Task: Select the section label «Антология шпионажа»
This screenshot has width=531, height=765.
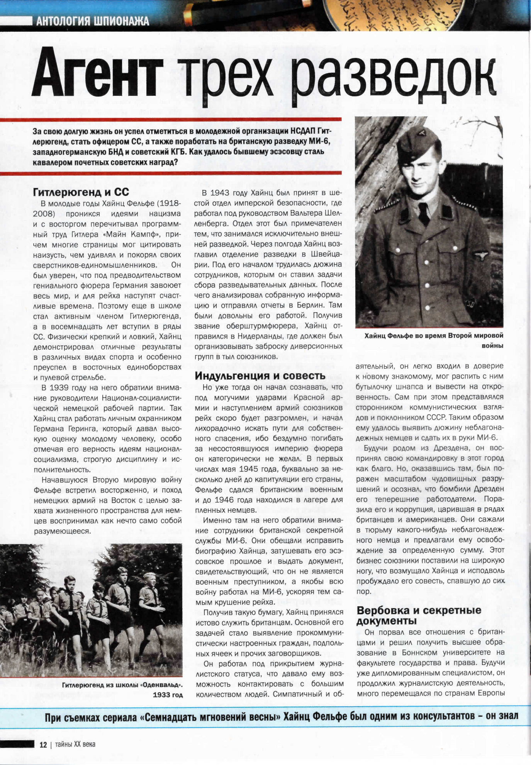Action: click(x=93, y=21)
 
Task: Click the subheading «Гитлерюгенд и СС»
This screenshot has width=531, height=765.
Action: click(x=81, y=192)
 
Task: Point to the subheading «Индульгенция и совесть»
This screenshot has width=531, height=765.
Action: click(x=260, y=376)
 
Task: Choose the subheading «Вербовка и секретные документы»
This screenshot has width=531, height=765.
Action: click(x=419, y=615)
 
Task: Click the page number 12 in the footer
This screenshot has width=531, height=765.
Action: click(x=43, y=745)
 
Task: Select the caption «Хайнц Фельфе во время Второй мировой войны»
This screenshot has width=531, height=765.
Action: click(x=434, y=340)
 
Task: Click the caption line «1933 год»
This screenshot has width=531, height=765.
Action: click(x=168, y=695)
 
